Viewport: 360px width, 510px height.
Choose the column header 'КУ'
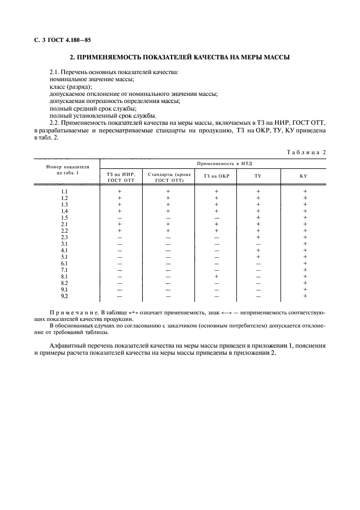pyautogui.click(x=304, y=176)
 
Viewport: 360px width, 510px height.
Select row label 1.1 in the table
pyautogui.click(x=65, y=192)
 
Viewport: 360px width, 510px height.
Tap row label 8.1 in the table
pyautogui.click(x=65, y=277)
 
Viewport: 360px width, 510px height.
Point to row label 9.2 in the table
pyautogui.click(x=65, y=296)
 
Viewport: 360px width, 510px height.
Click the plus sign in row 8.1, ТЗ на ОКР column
pyautogui.click(x=216, y=277)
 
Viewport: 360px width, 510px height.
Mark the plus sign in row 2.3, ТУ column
pyautogui.click(x=258, y=238)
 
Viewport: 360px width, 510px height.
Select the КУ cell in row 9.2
pyautogui.click(x=305, y=296)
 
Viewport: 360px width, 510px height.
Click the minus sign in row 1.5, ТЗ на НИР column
pyautogui.click(x=120, y=218)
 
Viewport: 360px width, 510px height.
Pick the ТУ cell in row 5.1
pyautogui.click(x=258, y=257)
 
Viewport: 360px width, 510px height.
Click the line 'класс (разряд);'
pyautogui.click(x=71, y=87)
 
